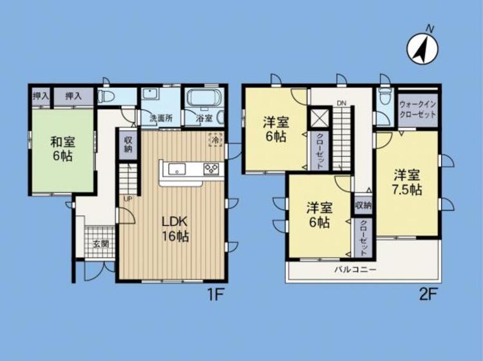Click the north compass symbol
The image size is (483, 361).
point(422,49)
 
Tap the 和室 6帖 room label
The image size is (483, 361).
point(63,149)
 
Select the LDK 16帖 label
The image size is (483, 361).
point(175,228)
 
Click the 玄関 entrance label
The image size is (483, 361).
point(100,244)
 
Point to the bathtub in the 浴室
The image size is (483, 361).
point(205,97)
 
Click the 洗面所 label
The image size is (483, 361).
point(161,118)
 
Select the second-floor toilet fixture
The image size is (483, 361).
point(385,97)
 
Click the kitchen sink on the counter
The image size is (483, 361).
point(176,169)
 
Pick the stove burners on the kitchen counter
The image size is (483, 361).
point(211,169)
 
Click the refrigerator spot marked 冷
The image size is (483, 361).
point(215,140)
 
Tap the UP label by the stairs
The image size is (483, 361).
point(128,199)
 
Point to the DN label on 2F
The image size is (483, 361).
point(341,103)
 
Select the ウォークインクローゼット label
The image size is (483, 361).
point(417,109)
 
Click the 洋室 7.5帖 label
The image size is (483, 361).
point(407,183)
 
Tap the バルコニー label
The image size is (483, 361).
point(355,270)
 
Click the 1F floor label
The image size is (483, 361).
point(215,295)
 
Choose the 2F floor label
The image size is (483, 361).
point(428,295)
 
